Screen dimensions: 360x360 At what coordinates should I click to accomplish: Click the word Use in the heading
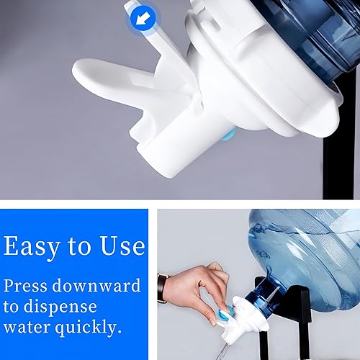120,246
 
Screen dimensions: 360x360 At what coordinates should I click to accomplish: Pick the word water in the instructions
28,328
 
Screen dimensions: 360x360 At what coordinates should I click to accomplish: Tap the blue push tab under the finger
225,315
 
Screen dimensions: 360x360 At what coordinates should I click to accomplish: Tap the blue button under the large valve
228,132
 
